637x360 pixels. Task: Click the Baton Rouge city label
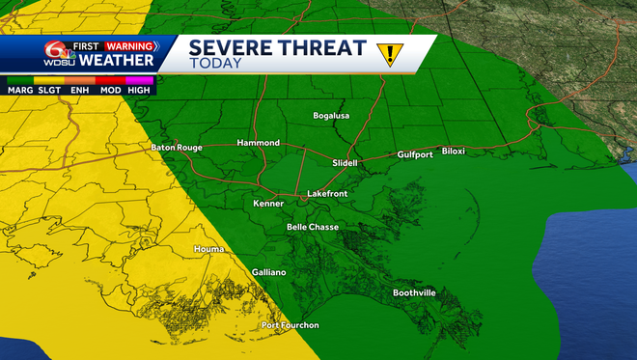(177, 148)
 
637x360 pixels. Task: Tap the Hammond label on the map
(259, 143)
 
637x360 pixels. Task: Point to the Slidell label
(345, 163)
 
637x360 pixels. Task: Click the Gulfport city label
(418, 154)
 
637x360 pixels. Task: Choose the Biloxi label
(454, 151)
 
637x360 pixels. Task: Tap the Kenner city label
(268, 204)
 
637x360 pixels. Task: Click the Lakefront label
(327, 194)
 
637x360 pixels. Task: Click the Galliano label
(269, 272)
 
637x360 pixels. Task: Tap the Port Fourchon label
(291, 325)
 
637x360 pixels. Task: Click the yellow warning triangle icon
(389, 54)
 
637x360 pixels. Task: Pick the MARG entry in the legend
(19, 89)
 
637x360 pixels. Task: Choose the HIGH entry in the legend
(141, 89)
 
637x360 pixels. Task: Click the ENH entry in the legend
(79, 89)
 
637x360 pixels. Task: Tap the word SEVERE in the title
(228, 46)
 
